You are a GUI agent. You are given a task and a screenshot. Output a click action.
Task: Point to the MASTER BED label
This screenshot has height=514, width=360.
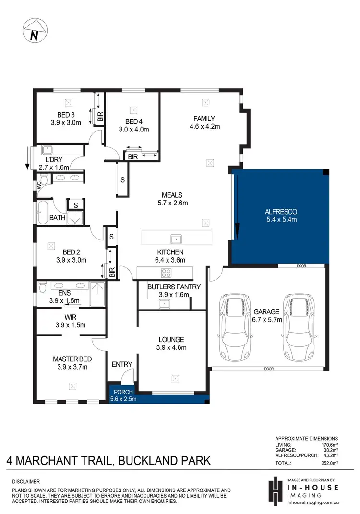click(x=72, y=359)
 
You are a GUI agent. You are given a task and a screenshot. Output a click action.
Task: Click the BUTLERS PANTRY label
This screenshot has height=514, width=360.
click(x=167, y=287)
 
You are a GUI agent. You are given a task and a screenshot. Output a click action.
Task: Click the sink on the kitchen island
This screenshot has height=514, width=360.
click(x=176, y=238)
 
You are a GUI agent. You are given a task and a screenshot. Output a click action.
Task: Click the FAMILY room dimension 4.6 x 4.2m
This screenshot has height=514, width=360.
click(x=204, y=127)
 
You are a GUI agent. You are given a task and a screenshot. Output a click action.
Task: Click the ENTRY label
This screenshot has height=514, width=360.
click(x=121, y=364)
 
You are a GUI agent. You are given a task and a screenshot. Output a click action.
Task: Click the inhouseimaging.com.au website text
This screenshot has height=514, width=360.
click(x=315, y=502)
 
